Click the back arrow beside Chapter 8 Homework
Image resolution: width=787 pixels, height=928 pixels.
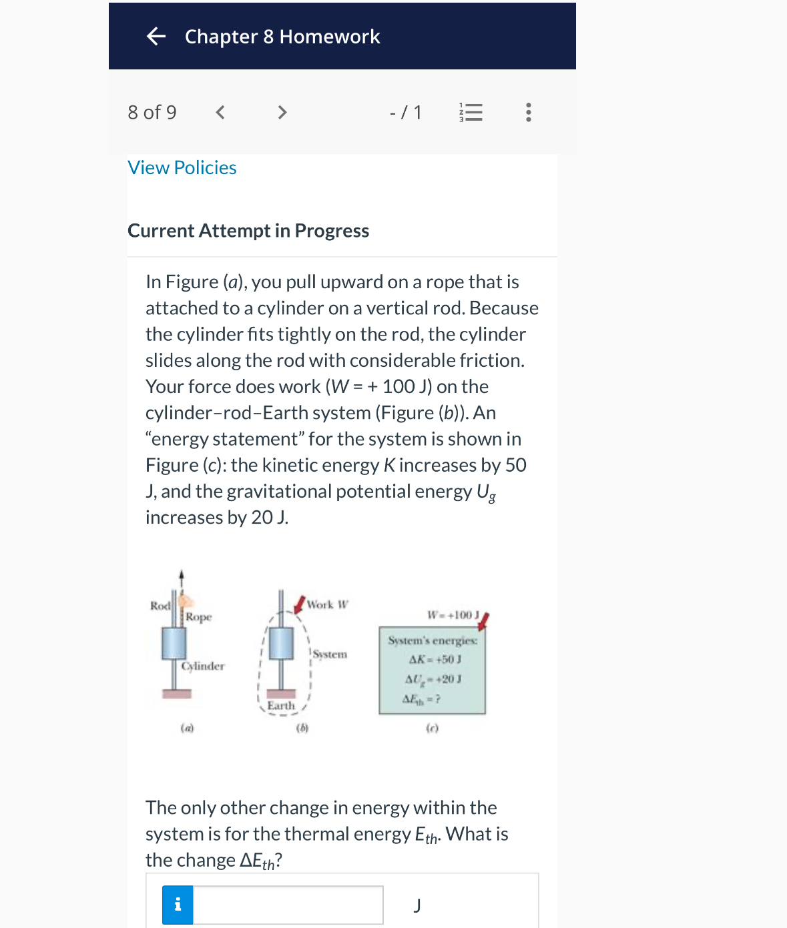tap(156, 36)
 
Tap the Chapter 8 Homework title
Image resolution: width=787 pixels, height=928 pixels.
tap(282, 37)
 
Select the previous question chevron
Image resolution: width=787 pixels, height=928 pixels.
tap(220, 112)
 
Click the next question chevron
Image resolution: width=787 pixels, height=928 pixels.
tap(282, 112)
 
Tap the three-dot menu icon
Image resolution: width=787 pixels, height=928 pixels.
tap(529, 112)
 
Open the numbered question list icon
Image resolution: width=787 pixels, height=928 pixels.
tap(471, 112)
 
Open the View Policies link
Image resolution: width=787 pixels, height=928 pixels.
tap(182, 167)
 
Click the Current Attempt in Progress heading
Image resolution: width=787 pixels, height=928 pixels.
tap(248, 231)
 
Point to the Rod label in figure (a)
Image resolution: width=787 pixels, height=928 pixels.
tap(160, 606)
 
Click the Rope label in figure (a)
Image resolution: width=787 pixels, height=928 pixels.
tap(199, 617)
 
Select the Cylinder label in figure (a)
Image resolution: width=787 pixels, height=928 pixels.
tap(204, 666)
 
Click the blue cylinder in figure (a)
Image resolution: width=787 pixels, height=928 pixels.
tap(174, 642)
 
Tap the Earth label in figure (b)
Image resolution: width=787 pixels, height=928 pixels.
tap(281, 705)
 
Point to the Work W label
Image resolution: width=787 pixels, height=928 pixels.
tap(327, 604)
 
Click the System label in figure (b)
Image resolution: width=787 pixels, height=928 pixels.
tap(330, 654)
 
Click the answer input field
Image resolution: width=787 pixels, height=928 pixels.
tap(288, 905)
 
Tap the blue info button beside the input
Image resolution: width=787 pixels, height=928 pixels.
tap(178, 905)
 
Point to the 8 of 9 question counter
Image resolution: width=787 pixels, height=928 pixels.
tap(152, 112)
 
